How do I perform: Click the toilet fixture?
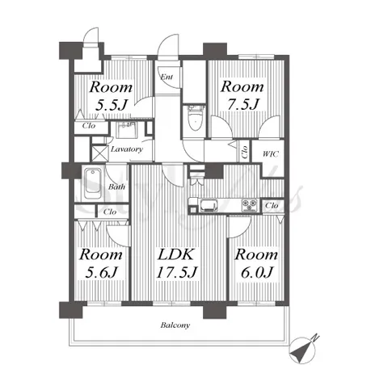click(196, 118)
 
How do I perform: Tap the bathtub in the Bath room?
click(93, 184)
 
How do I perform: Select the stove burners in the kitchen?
click(250, 205)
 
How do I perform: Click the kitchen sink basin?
click(209, 206)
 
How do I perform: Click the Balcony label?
click(175, 325)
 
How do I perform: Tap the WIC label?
click(270, 154)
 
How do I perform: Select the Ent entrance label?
click(167, 77)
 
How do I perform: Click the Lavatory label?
click(127, 149)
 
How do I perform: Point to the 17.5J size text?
click(177, 272)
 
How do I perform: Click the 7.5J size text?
click(243, 104)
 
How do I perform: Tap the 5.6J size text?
click(101, 272)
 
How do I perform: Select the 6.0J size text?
click(257, 272)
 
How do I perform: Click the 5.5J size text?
click(112, 105)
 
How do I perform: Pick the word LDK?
click(175, 254)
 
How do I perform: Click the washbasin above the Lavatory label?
click(126, 130)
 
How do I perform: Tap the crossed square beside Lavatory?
click(99, 153)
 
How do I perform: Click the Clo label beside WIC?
click(245, 152)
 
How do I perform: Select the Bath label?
click(116, 187)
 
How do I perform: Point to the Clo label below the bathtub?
click(110, 212)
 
